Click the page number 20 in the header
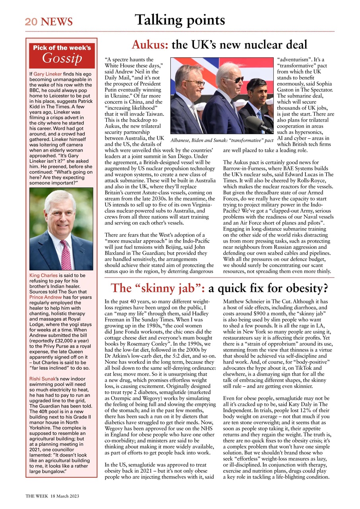[31, 21]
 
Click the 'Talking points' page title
[180, 19]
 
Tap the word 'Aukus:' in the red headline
[150, 45]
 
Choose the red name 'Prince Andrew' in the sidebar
[47, 297]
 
